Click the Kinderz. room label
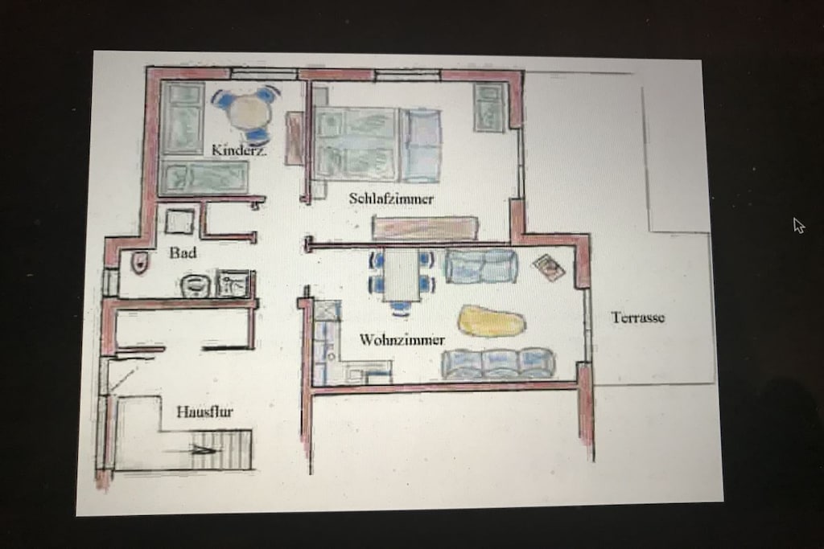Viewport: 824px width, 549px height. pyautogui.click(x=238, y=150)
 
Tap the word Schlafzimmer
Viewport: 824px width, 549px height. pyautogui.click(x=391, y=199)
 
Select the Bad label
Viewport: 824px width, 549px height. pyautogui.click(x=183, y=253)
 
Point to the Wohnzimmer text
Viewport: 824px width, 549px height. pyautogui.click(x=402, y=339)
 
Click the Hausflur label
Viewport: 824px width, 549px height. pyautogui.click(x=204, y=412)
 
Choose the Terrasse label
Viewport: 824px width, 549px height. pyautogui.click(x=638, y=317)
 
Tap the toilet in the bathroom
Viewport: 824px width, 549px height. pyautogui.click(x=140, y=261)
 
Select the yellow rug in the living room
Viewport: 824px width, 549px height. pyautogui.click(x=492, y=321)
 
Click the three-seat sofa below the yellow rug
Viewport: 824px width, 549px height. pyautogui.click(x=498, y=363)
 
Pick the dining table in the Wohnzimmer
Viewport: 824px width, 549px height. pyautogui.click(x=402, y=275)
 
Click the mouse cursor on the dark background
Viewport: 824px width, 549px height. pyautogui.click(x=799, y=225)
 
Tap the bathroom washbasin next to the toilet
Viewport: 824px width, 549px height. pyautogui.click(x=196, y=285)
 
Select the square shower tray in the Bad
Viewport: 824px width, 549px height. pyautogui.click(x=179, y=221)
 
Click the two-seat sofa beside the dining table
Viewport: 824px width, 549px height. pyautogui.click(x=481, y=265)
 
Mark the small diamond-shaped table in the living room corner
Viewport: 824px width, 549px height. pyautogui.click(x=549, y=267)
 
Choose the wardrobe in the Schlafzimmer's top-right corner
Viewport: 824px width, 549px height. pyautogui.click(x=489, y=107)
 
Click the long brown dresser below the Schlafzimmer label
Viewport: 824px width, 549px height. pyautogui.click(x=425, y=227)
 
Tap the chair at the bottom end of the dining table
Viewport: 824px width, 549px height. pyautogui.click(x=401, y=308)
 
